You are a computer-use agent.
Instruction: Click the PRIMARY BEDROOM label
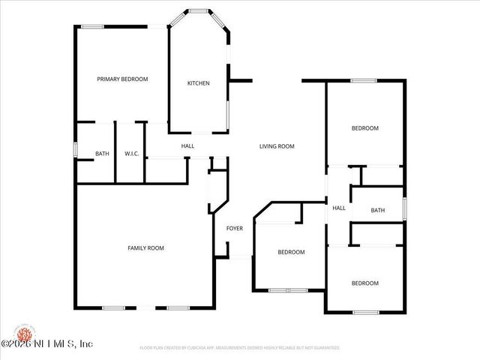[x=122, y=79]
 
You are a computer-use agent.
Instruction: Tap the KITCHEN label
[x=198, y=83]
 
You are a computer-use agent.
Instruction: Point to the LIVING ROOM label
[x=277, y=146]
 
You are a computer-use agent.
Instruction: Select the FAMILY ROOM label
[x=145, y=247]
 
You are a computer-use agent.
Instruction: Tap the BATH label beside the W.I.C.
[x=102, y=154]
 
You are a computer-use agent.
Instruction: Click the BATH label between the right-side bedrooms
[x=377, y=210]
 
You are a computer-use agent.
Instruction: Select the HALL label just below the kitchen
[x=187, y=146]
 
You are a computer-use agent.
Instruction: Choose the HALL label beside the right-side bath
[x=339, y=208]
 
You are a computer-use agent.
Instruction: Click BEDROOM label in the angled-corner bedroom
[x=291, y=252]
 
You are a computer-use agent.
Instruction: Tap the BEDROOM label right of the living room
[x=365, y=128]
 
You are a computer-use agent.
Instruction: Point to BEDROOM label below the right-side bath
[x=365, y=283]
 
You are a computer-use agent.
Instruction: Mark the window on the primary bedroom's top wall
[x=93, y=27]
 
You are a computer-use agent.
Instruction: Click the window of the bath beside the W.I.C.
[x=75, y=149]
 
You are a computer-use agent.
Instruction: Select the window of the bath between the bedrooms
[x=404, y=207]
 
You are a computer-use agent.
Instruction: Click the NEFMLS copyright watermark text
[x=46, y=344]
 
